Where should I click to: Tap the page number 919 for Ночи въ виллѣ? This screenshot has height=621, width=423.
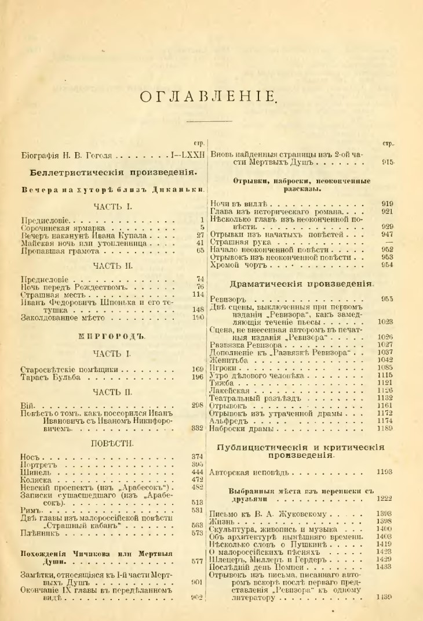[388, 204]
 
